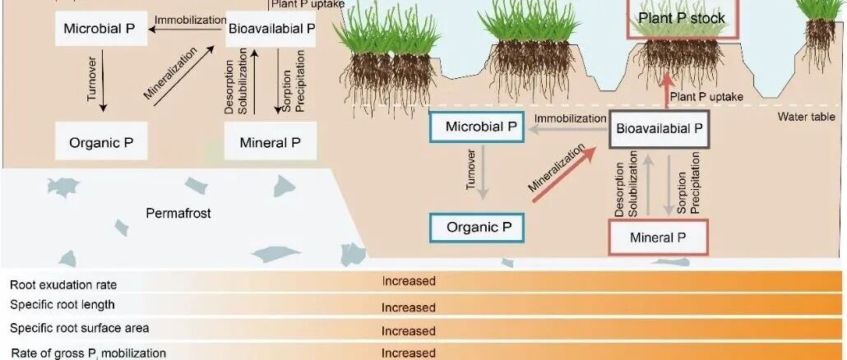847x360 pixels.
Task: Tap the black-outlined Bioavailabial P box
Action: (x=659, y=128)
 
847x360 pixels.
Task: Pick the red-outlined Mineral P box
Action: (x=658, y=238)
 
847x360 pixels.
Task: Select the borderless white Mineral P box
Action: (x=270, y=142)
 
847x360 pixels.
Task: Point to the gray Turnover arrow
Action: (x=484, y=173)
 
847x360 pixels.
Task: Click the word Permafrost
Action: (x=178, y=213)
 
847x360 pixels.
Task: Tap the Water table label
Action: (x=807, y=118)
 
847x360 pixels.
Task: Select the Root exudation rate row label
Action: (x=63, y=285)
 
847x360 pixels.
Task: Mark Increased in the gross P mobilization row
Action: (x=408, y=353)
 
